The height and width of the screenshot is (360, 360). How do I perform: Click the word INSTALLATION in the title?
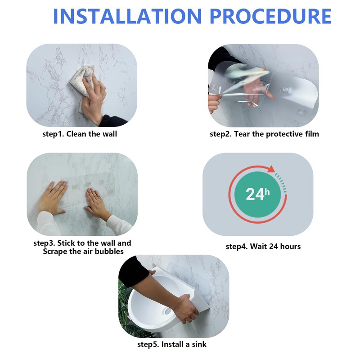click(x=127, y=16)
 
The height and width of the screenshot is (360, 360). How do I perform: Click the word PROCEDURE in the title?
click(x=271, y=16)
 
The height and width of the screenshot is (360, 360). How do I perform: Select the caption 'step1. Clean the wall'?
click(x=80, y=134)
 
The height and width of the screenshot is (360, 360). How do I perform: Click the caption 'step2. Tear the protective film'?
click(x=264, y=134)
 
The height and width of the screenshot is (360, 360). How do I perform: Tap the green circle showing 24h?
click(x=257, y=194)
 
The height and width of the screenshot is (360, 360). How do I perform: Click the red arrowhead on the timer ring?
click(x=271, y=169)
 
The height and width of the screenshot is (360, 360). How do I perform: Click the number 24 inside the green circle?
click(x=255, y=194)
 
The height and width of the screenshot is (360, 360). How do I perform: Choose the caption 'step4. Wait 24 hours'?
click(x=263, y=246)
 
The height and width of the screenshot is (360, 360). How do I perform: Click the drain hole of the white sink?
click(x=167, y=311)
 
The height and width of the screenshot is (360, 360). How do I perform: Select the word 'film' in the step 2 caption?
click(x=312, y=134)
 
